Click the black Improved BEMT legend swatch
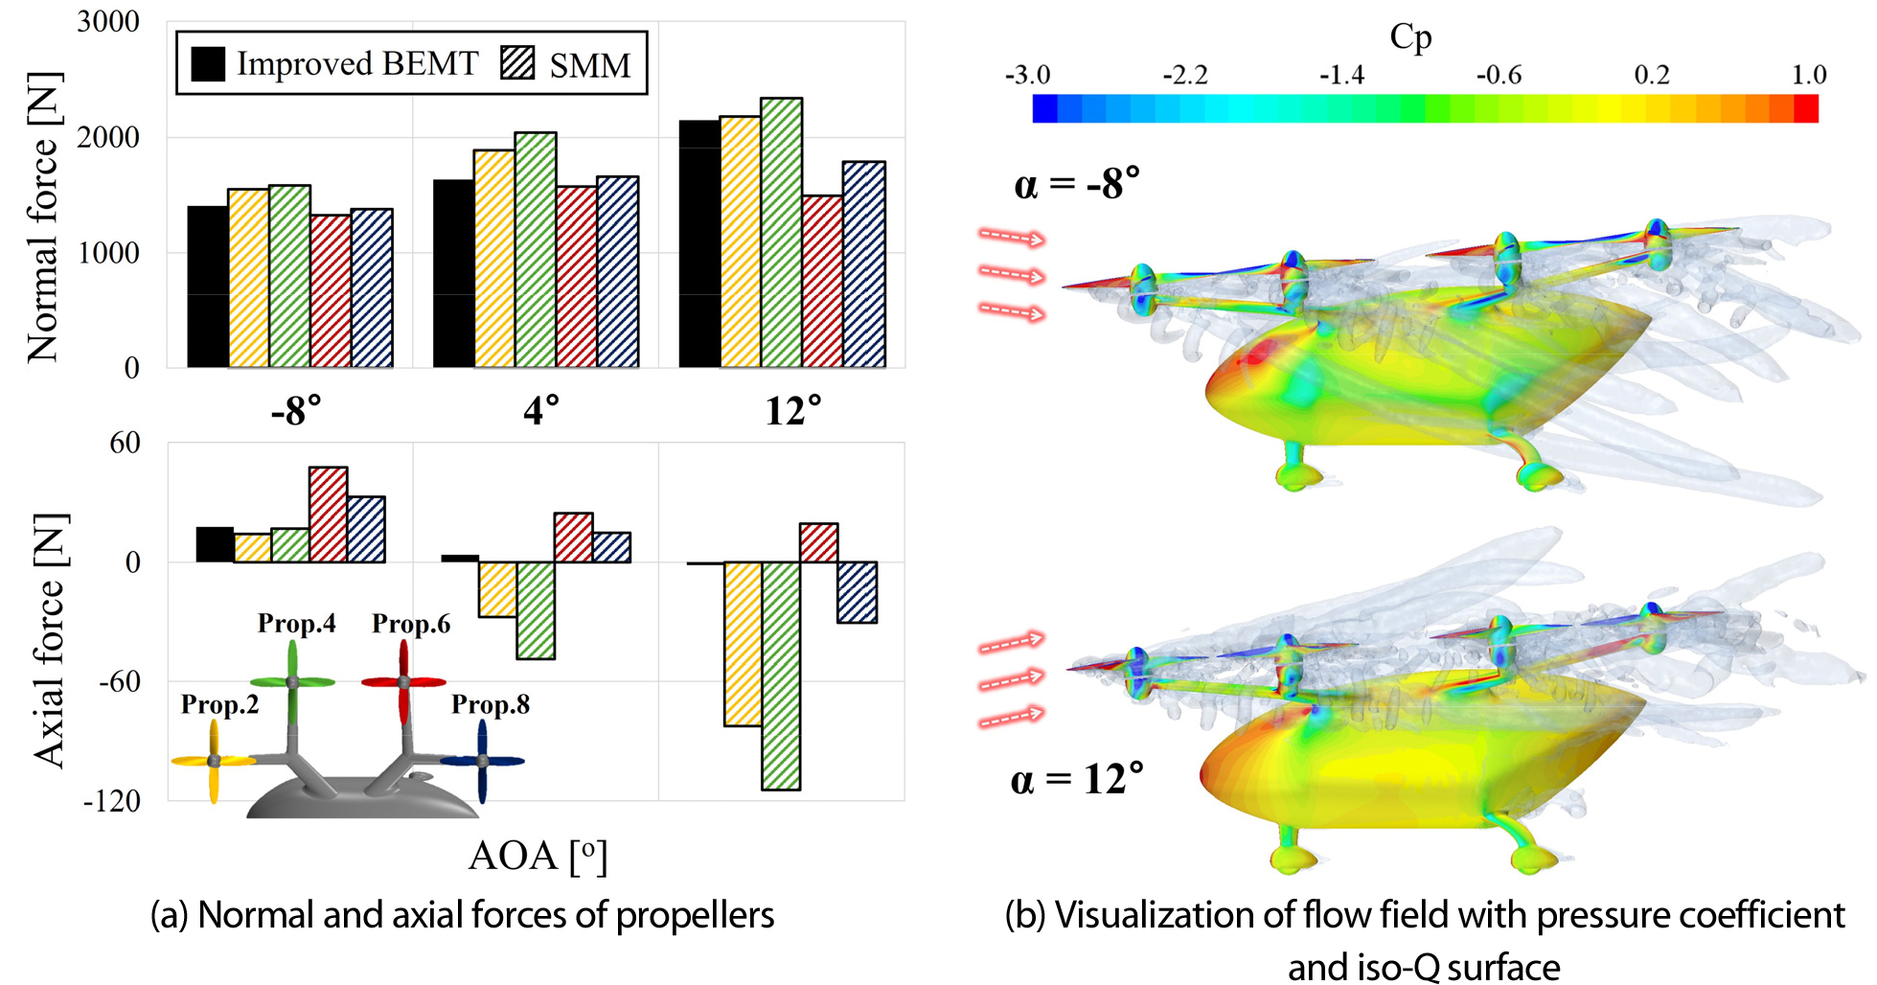pos(208,63)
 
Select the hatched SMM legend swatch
pos(517,63)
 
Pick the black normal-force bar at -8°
pos(208,286)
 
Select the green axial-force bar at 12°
pos(781,676)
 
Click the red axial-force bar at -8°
pos(328,515)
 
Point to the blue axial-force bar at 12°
pos(857,592)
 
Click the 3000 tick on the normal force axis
pos(108,21)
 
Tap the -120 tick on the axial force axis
pos(111,801)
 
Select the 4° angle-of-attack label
pos(541,411)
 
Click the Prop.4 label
pos(297,624)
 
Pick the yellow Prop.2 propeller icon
pos(214,761)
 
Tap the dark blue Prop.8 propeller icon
pos(482,761)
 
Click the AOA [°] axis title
pos(538,856)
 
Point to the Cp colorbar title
pos(1410,36)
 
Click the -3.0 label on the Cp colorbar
pos(1027,75)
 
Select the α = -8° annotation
pos(1077,183)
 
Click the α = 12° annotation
pos(1077,779)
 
